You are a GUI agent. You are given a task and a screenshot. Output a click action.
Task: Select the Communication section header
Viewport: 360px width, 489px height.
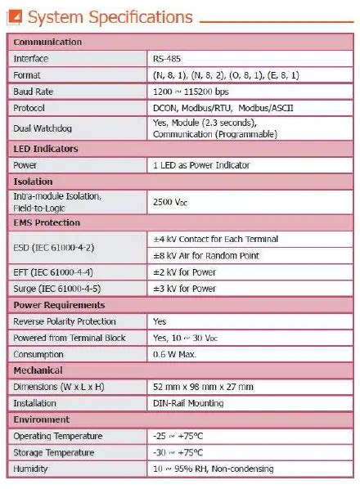pyautogui.click(x=47, y=43)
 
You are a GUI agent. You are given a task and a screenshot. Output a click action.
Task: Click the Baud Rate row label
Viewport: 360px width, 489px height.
pyautogui.click(x=34, y=92)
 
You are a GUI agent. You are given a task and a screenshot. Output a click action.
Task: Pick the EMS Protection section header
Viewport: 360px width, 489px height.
pyautogui.click(x=47, y=222)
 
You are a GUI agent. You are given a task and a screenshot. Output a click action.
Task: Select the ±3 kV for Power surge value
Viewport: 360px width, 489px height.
pyautogui.click(x=185, y=288)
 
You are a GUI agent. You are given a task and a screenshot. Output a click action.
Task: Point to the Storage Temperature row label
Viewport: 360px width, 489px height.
pyautogui.click(x=53, y=452)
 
